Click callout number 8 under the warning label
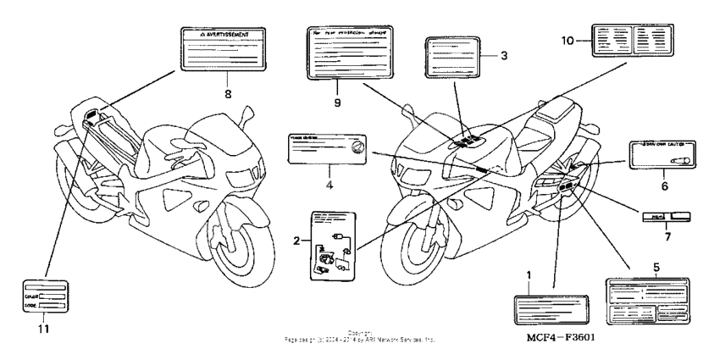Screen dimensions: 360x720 point(227,94)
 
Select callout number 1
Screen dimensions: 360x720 point(529,275)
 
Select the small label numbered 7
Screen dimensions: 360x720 point(666,217)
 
